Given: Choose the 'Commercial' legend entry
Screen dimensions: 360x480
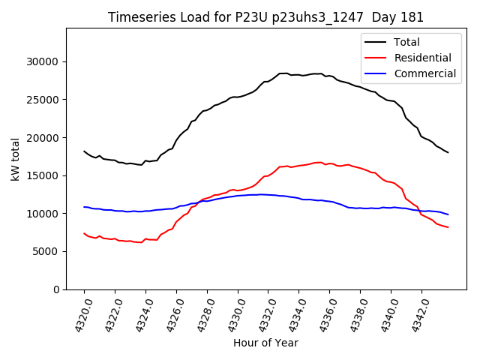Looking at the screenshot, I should [x=424, y=73].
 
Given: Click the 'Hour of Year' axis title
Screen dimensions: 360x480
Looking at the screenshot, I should [x=265, y=343].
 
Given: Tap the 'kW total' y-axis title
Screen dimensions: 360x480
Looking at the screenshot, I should [x=16, y=159].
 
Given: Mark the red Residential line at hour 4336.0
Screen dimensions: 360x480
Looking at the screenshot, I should [x=330, y=163].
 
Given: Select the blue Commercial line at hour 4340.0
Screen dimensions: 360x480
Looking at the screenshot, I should [x=391, y=208].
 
